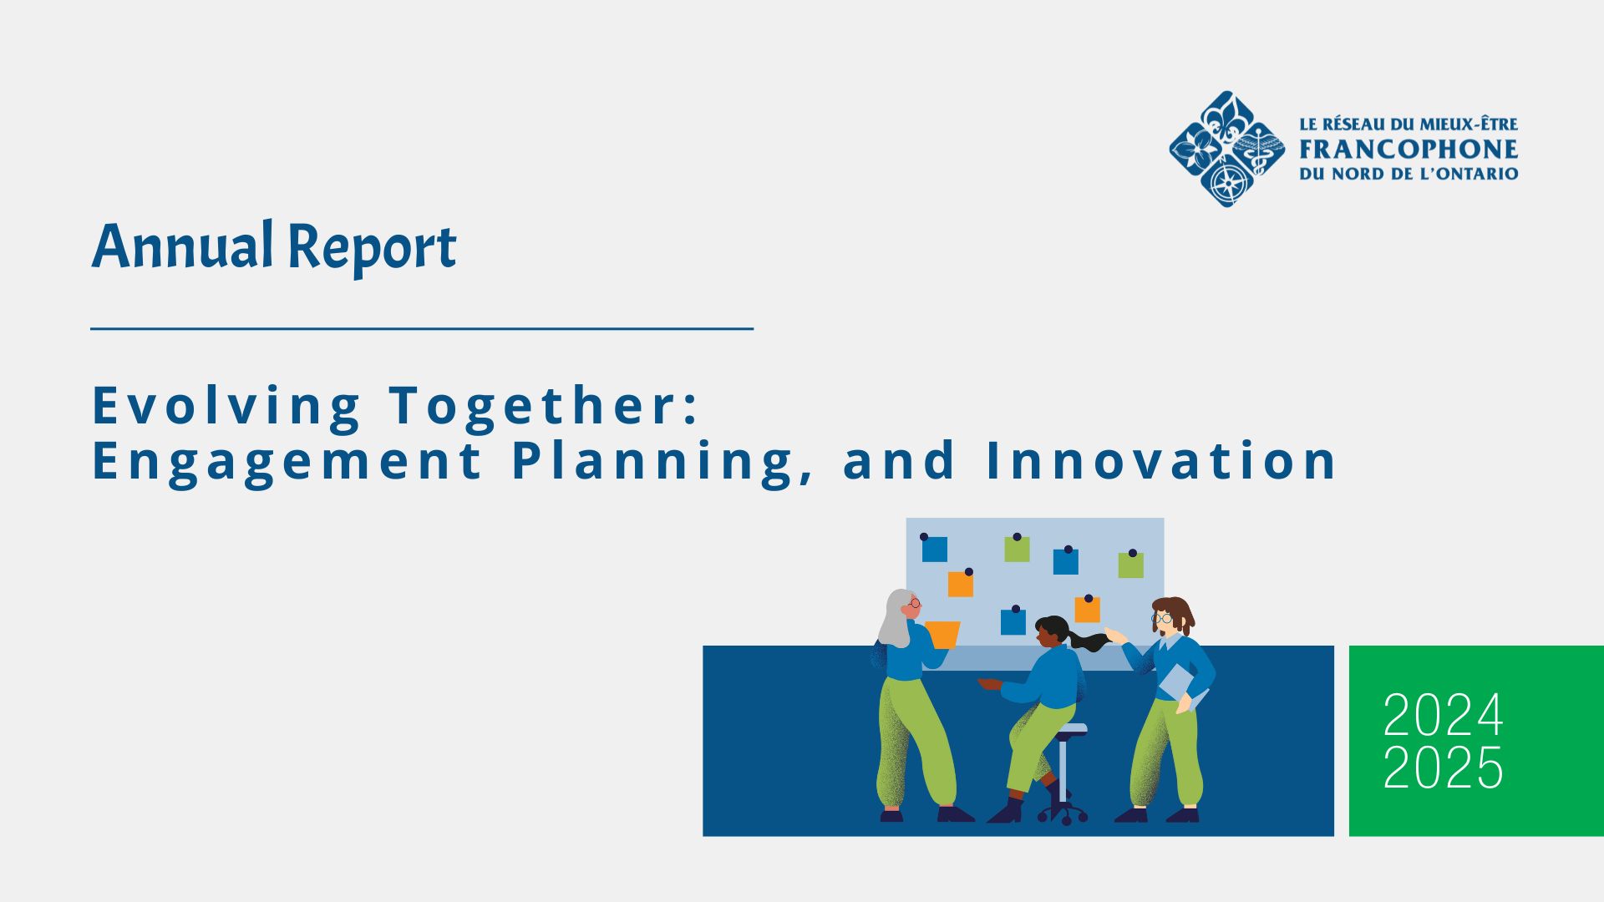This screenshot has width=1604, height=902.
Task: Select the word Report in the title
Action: pyautogui.click(x=373, y=248)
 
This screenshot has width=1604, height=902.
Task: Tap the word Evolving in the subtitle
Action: pyautogui.click(x=226, y=407)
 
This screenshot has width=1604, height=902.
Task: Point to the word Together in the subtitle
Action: pyautogui.click(x=543, y=407)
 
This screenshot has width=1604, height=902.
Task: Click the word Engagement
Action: pyautogui.click(x=287, y=462)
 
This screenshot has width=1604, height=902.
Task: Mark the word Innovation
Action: pyautogui.click(x=1162, y=460)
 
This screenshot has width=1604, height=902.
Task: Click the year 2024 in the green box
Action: pyautogui.click(x=1443, y=715)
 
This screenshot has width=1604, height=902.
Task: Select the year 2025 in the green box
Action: pyautogui.click(x=1443, y=768)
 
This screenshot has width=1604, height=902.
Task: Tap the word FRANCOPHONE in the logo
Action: pyautogui.click(x=1409, y=149)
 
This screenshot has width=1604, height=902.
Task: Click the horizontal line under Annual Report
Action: pyautogui.click(x=422, y=329)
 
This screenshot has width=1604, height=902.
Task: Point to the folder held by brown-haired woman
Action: pyautogui.click(x=1180, y=685)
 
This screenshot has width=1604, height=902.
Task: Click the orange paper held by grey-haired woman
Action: pyautogui.click(x=942, y=635)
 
